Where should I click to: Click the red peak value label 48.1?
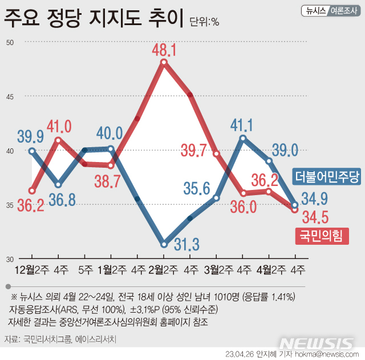click(x=164, y=51)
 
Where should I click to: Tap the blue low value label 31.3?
click(x=184, y=245)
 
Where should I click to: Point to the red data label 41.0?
click(x=59, y=126)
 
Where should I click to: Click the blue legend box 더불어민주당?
click(x=327, y=177)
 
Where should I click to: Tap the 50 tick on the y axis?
click(x=10, y=43)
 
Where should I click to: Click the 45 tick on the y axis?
click(x=10, y=97)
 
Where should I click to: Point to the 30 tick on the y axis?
click(x=10, y=259)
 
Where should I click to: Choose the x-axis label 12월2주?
click(x=31, y=269)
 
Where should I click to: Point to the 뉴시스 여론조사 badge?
click(x=329, y=11)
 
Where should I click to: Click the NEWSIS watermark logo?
click(x=317, y=343)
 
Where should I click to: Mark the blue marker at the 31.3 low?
click(x=164, y=244)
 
